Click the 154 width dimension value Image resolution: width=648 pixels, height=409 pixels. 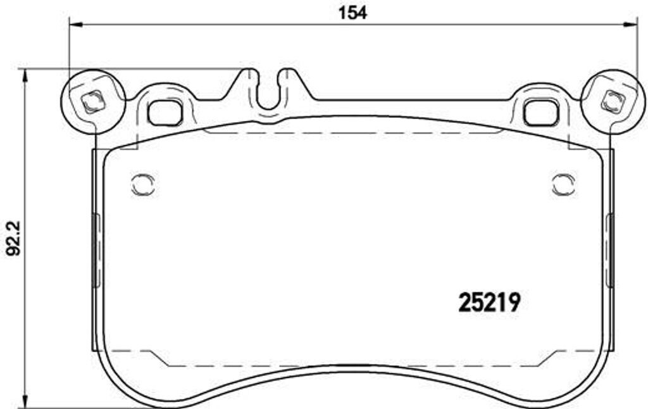pyautogui.click(x=352, y=13)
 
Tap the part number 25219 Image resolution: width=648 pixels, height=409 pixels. pyautogui.click(x=489, y=303)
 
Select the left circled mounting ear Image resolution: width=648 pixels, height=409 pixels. pyautogui.click(x=92, y=101)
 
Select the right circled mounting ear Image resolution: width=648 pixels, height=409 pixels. pyautogui.click(x=613, y=101)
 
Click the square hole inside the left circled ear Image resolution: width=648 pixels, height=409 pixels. pyautogui.click(x=92, y=101)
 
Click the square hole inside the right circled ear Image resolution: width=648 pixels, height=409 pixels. pyautogui.click(x=613, y=101)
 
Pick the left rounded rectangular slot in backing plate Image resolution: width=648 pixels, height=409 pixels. pyautogui.click(x=165, y=112)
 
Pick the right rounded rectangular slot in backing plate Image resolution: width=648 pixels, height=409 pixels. pyautogui.click(x=542, y=111)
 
